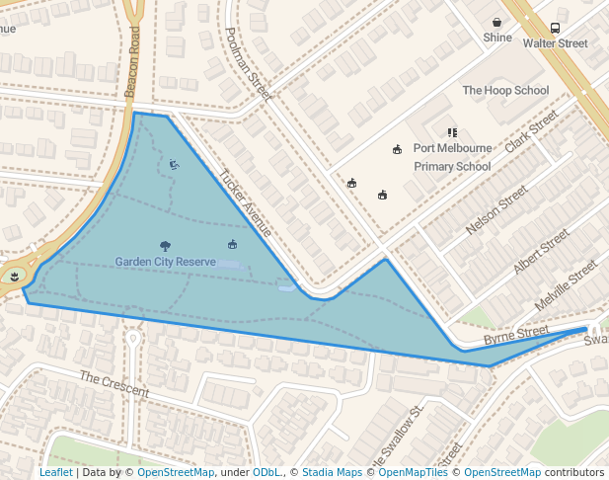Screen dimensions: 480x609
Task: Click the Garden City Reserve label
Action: pyautogui.click(x=165, y=262)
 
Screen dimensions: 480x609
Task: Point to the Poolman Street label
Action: pyautogui.click(x=248, y=63)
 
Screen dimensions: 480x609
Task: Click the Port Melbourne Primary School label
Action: pyautogui.click(x=452, y=157)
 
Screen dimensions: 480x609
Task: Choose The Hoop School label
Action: pyautogui.click(x=505, y=91)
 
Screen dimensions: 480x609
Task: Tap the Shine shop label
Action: pyautogui.click(x=497, y=38)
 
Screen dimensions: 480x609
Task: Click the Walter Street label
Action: pyautogui.click(x=555, y=43)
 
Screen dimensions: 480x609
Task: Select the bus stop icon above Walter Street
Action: pyautogui.click(x=555, y=28)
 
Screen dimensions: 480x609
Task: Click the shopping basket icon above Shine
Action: pyautogui.click(x=497, y=22)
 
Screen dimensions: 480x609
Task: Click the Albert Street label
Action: pyautogui.click(x=541, y=251)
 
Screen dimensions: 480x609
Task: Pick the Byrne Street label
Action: pyautogui.click(x=515, y=336)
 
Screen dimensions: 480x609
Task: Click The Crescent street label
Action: pyautogui.click(x=114, y=384)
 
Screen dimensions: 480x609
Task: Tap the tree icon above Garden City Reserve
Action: pyautogui.click(x=165, y=246)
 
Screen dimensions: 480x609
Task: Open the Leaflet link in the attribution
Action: pyautogui.click(x=55, y=472)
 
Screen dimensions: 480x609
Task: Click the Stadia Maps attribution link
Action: pyautogui.click(x=332, y=472)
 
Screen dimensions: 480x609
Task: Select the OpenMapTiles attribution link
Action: pyautogui.click(x=414, y=472)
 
